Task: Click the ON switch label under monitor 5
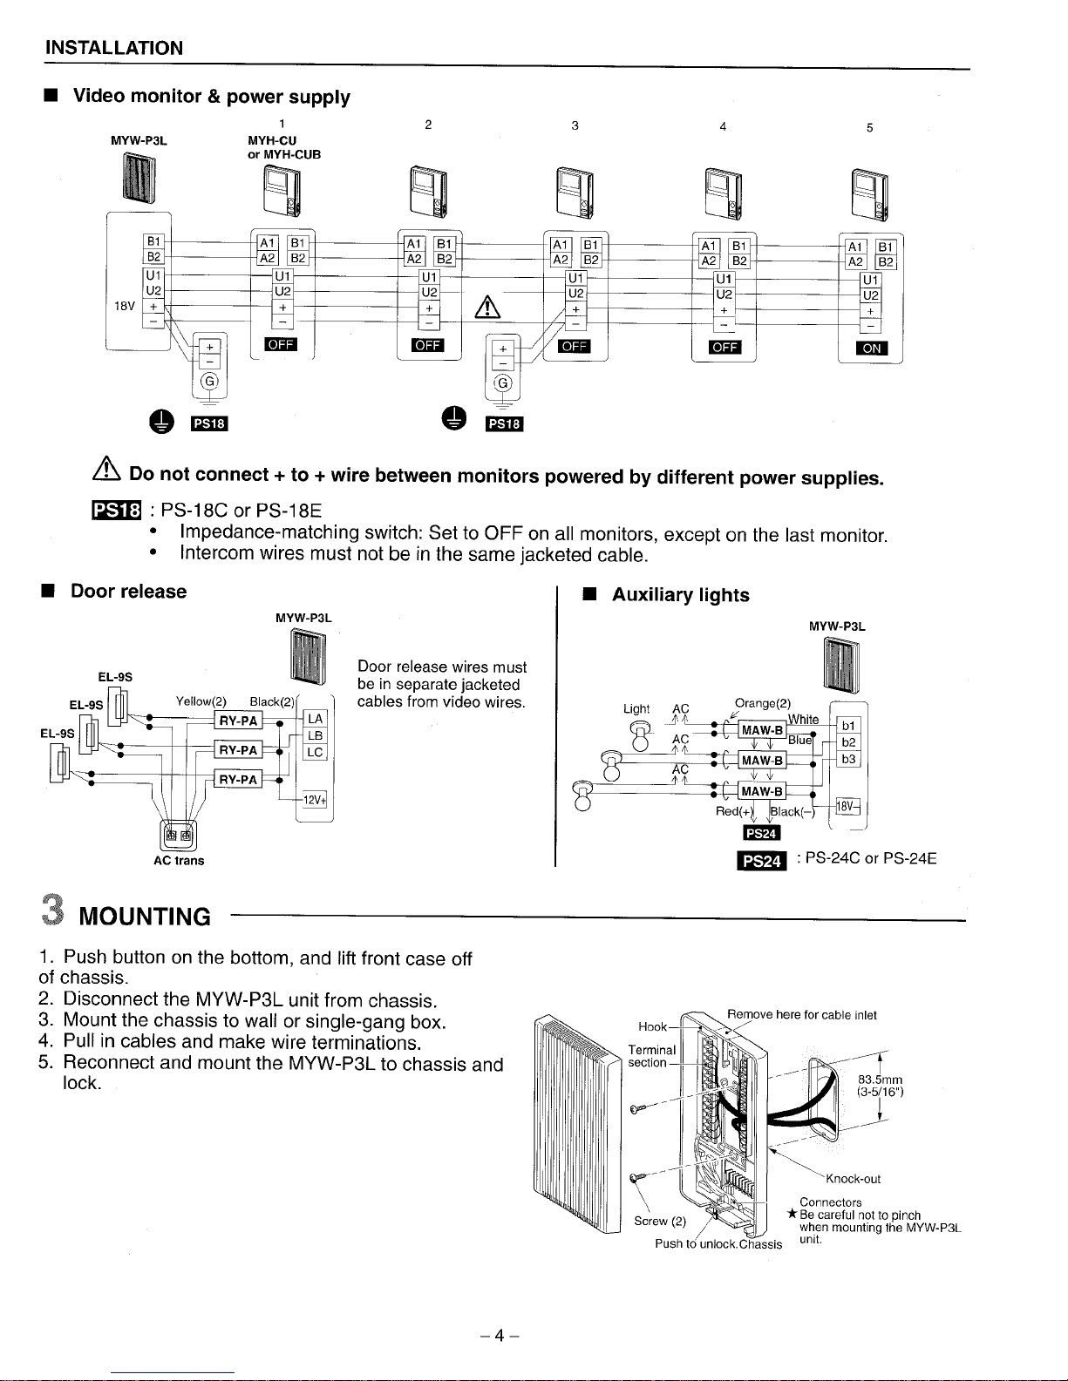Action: coord(872,349)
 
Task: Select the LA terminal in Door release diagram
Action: coord(315,718)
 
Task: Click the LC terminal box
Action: coord(315,752)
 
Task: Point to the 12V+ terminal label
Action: coord(314,800)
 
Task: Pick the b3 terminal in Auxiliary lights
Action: coord(849,759)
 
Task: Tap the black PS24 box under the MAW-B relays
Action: coord(761,833)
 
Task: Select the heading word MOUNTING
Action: coord(145,917)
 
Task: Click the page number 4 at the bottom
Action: coord(500,1336)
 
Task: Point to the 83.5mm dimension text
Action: coord(879,1080)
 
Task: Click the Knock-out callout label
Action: coord(853,1179)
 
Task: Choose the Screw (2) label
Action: coord(660,1221)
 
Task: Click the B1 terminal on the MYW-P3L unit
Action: coord(153,241)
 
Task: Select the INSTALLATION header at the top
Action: coord(114,48)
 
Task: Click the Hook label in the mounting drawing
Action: coord(652,1026)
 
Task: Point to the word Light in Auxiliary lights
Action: coord(636,708)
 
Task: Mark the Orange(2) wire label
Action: coord(763,702)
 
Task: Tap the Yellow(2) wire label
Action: coord(201,701)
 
